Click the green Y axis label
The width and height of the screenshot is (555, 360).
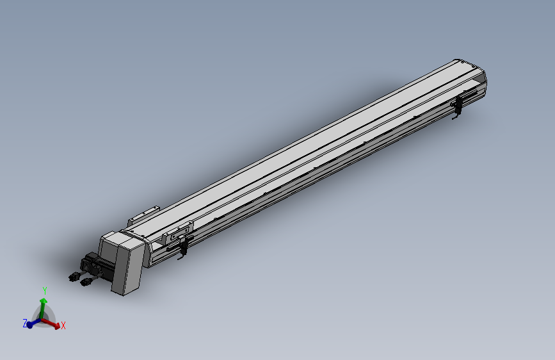click(x=45, y=291)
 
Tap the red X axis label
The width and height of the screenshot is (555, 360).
click(x=63, y=326)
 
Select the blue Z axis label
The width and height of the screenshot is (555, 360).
click(x=25, y=324)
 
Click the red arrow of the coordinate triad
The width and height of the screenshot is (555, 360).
click(x=54, y=324)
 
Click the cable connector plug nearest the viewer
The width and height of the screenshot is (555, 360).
click(x=85, y=282)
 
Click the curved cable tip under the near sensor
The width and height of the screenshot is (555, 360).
click(x=180, y=258)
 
